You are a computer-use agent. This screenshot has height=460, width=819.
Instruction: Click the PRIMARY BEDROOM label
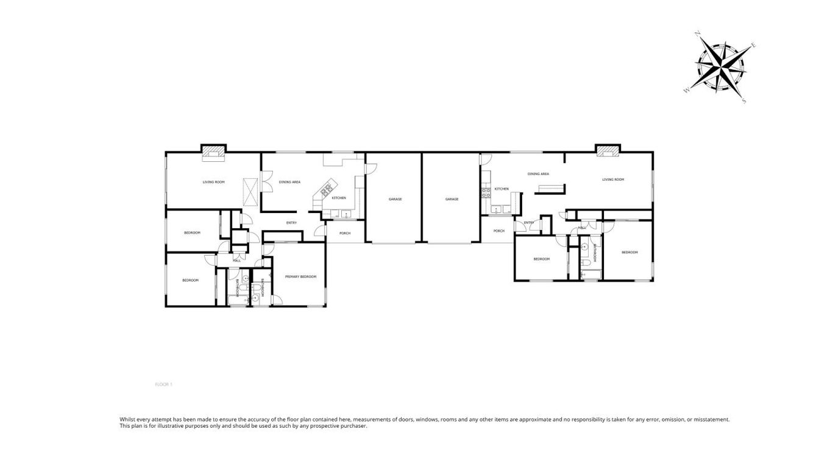tap(301, 277)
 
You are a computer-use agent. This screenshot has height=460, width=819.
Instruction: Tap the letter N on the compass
tap(698, 34)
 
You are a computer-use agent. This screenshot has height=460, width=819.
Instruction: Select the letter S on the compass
tap(744, 102)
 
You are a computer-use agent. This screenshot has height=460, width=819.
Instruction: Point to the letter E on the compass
tap(754, 46)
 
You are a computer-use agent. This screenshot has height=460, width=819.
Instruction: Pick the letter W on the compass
tap(687, 91)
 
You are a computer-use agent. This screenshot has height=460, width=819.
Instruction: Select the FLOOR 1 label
tap(164, 385)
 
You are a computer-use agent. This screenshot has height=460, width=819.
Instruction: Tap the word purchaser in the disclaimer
tap(353, 426)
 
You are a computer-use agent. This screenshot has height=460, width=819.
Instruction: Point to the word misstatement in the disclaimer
tap(712, 419)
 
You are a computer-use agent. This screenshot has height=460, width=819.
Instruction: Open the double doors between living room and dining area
tap(264, 183)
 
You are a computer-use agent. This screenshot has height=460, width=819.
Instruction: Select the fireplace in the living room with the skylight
tap(214, 151)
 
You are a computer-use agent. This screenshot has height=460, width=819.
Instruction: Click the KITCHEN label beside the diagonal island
tap(339, 198)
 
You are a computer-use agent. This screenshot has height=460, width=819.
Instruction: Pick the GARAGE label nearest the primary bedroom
tap(395, 199)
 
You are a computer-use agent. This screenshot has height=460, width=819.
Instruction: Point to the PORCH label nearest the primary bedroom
tap(345, 233)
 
